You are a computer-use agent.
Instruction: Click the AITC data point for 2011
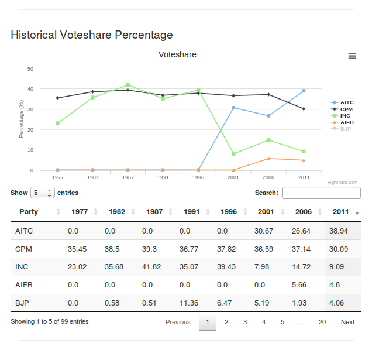[304, 91]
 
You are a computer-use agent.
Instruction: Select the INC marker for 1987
[128, 85]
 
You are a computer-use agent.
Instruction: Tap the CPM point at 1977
[57, 98]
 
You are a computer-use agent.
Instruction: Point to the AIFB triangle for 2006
[268, 159]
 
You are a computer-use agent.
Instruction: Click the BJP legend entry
[341, 129]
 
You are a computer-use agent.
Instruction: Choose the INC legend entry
[340, 116]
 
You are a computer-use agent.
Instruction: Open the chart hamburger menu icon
[352, 56]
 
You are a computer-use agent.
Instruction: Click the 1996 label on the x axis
[198, 177]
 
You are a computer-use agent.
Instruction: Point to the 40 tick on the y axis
[30, 89]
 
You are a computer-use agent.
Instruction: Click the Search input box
[321, 193]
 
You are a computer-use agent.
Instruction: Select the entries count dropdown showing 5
[43, 193]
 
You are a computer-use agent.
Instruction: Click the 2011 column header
[340, 211]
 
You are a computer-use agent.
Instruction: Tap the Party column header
[29, 211]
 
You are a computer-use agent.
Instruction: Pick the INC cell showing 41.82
[151, 267]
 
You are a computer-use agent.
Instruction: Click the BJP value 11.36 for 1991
[189, 303]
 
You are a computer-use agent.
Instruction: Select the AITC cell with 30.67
[264, 231]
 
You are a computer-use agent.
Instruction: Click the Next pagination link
[347, 322]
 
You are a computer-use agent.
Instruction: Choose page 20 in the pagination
[322, 322]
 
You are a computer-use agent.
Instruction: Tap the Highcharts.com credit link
[342, 183]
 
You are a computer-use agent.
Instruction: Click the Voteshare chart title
[177, 54]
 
